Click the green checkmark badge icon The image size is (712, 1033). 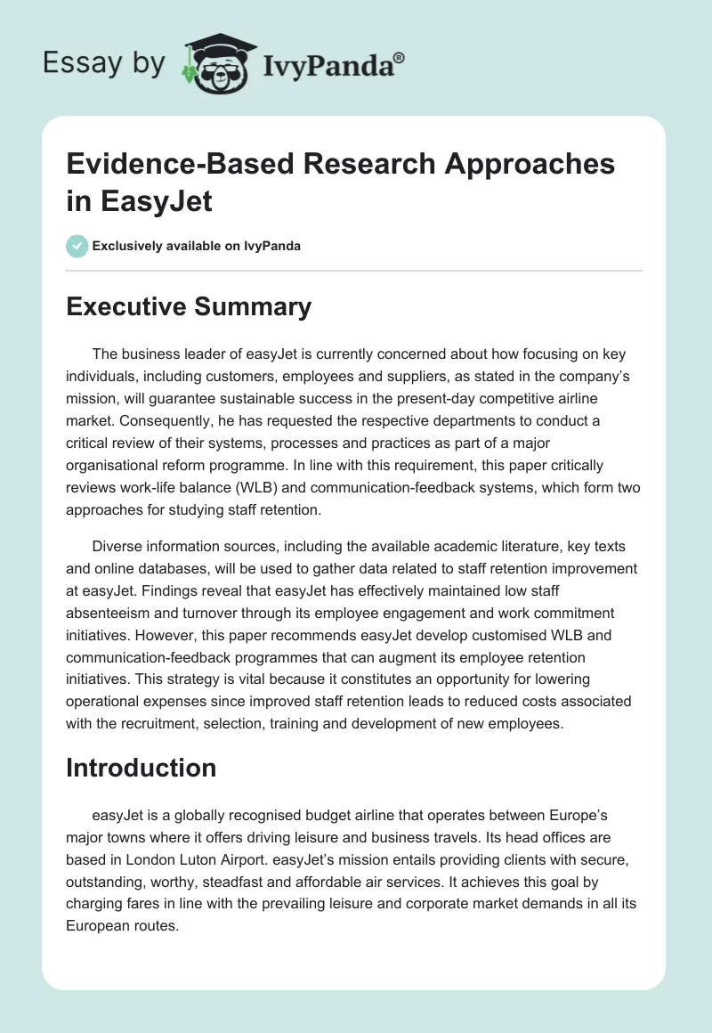(x=77, y=246)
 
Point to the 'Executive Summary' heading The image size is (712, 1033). (x=189, y=306)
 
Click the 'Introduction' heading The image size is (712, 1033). (x=142, y=768)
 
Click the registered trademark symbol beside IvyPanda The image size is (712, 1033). (x=400, y=56)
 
